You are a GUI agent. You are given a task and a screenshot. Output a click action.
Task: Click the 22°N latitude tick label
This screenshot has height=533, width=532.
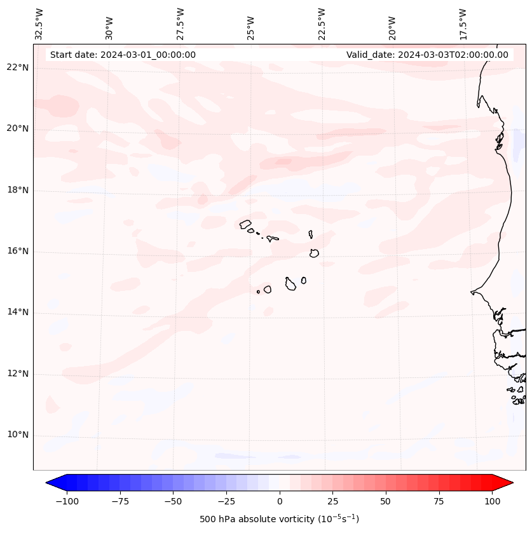[x=18, y=68]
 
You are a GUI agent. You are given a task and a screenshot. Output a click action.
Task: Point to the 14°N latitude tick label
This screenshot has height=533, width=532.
[x=18, y=313]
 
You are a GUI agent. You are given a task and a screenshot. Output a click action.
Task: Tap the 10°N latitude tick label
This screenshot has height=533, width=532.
[x=18, y=435]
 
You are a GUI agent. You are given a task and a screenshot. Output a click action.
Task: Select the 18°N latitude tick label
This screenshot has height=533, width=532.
[x=18, y=191]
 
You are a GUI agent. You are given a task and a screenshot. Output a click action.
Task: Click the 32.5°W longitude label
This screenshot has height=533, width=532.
[x=39, y=24]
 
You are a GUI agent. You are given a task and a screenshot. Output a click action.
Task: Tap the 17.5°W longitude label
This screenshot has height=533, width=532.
[x=463, y=24]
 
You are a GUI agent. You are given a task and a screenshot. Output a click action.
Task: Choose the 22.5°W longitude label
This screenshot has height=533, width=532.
[x=322, y=24]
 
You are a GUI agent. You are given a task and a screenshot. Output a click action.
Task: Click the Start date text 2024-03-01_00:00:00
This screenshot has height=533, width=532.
[x=123, y=55]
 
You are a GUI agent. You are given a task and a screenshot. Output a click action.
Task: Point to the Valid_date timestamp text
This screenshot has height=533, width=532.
[x=427, y=55]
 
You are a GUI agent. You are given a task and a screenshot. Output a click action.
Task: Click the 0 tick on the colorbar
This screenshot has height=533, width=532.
[x=280, y=501]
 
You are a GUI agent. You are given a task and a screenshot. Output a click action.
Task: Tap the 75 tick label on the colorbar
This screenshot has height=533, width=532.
[x=439, y=501]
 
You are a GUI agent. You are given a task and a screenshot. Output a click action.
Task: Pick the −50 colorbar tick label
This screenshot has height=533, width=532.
[x=173, y=501]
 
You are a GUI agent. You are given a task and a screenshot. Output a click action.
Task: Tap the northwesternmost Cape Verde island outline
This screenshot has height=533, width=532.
[x=245, y=224]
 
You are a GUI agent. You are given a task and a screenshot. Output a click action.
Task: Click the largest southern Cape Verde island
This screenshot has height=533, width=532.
[x=290, y=284]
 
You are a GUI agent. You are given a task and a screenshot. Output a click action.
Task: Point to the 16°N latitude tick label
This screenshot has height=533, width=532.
[x=18, y=252]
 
